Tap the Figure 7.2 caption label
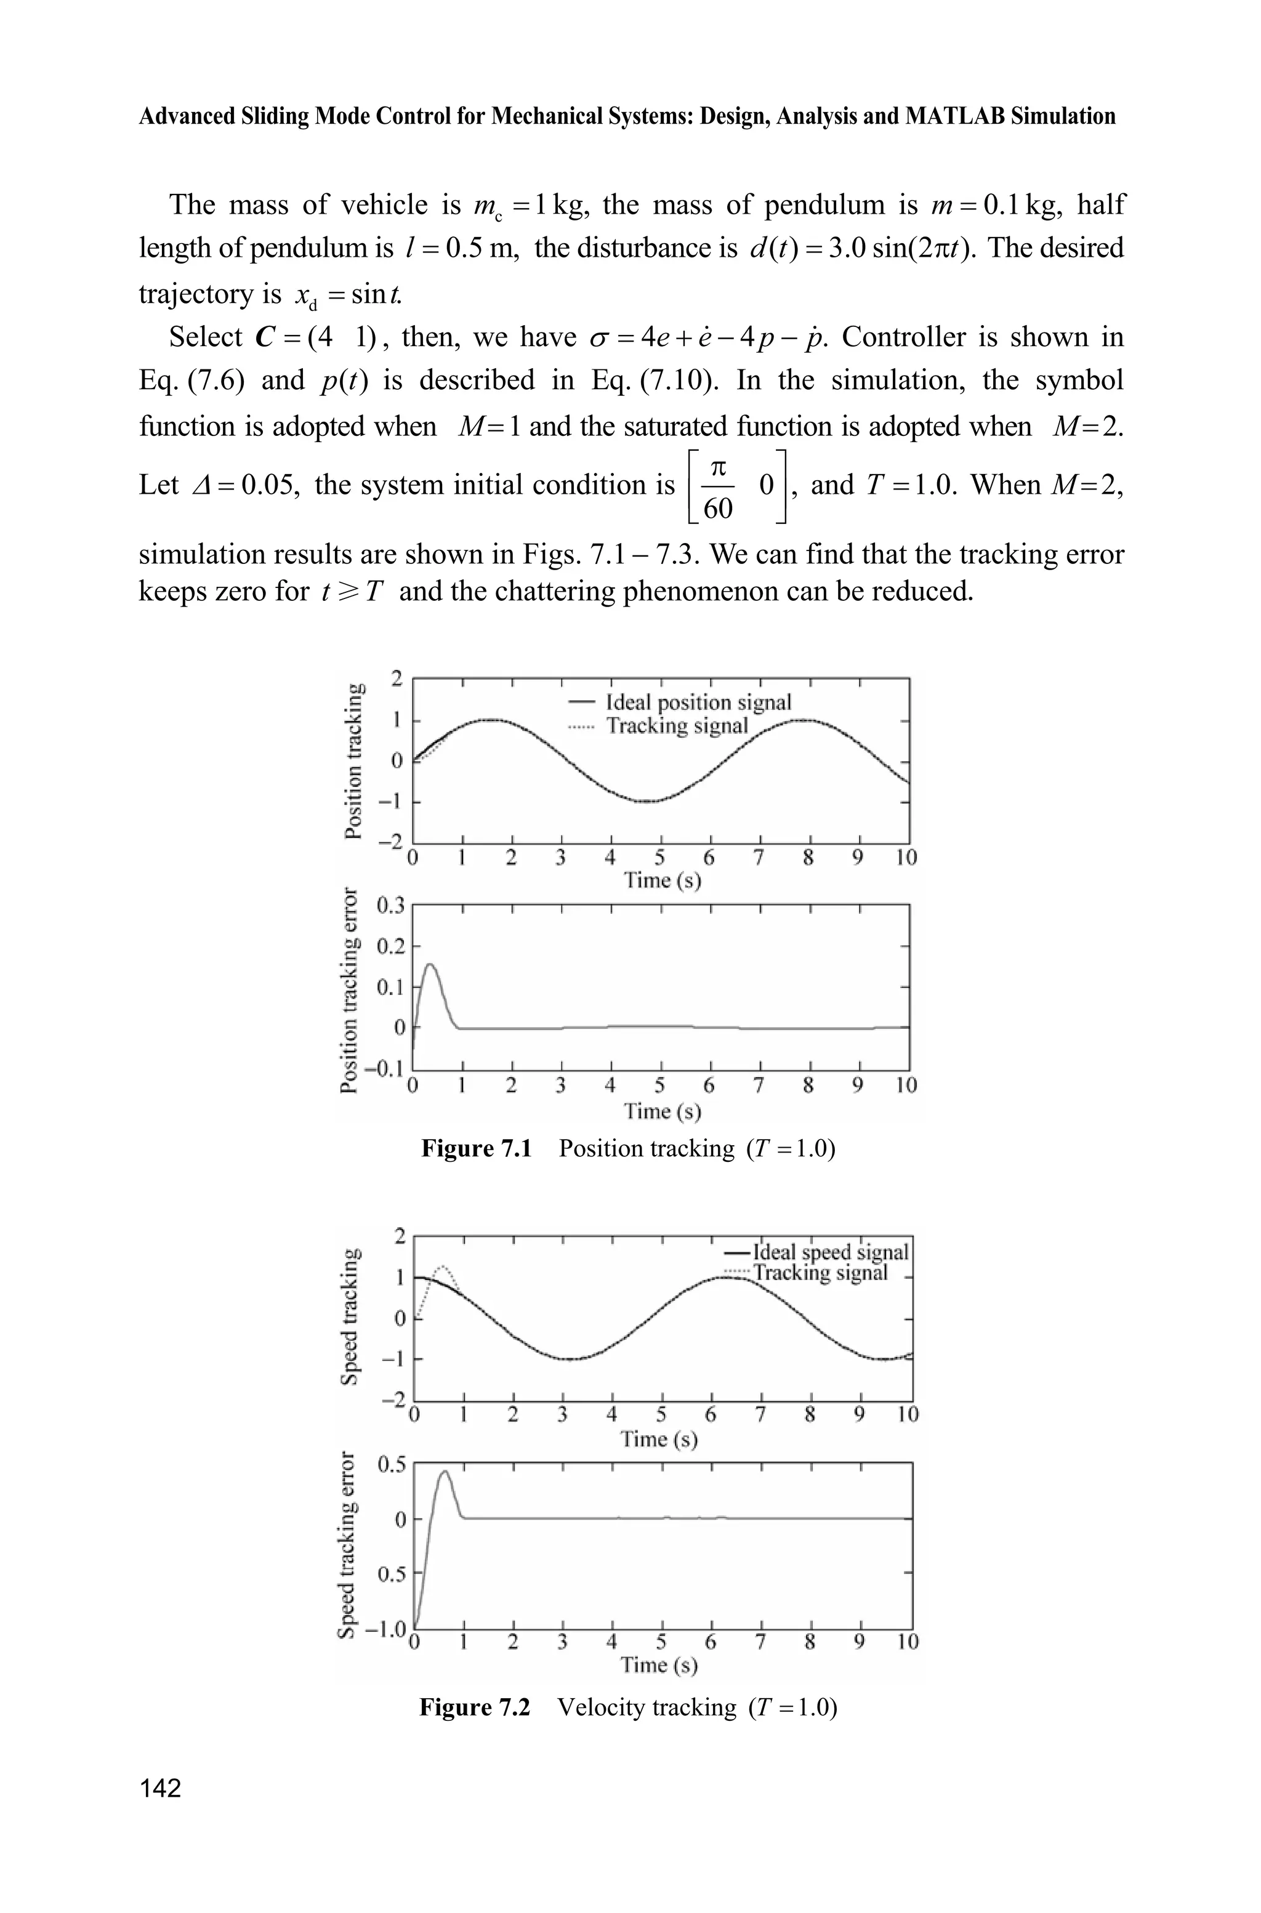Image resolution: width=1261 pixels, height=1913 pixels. coord(475,1707)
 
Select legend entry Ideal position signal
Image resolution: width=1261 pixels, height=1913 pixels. coord(698,702)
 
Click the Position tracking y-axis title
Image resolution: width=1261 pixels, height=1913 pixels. coord(352,760)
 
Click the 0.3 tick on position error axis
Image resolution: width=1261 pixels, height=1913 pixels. coord(392,906)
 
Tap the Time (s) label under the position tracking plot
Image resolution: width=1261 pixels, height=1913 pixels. coord(662,880)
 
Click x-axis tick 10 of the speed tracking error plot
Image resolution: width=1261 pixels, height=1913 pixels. coord(906,1641)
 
